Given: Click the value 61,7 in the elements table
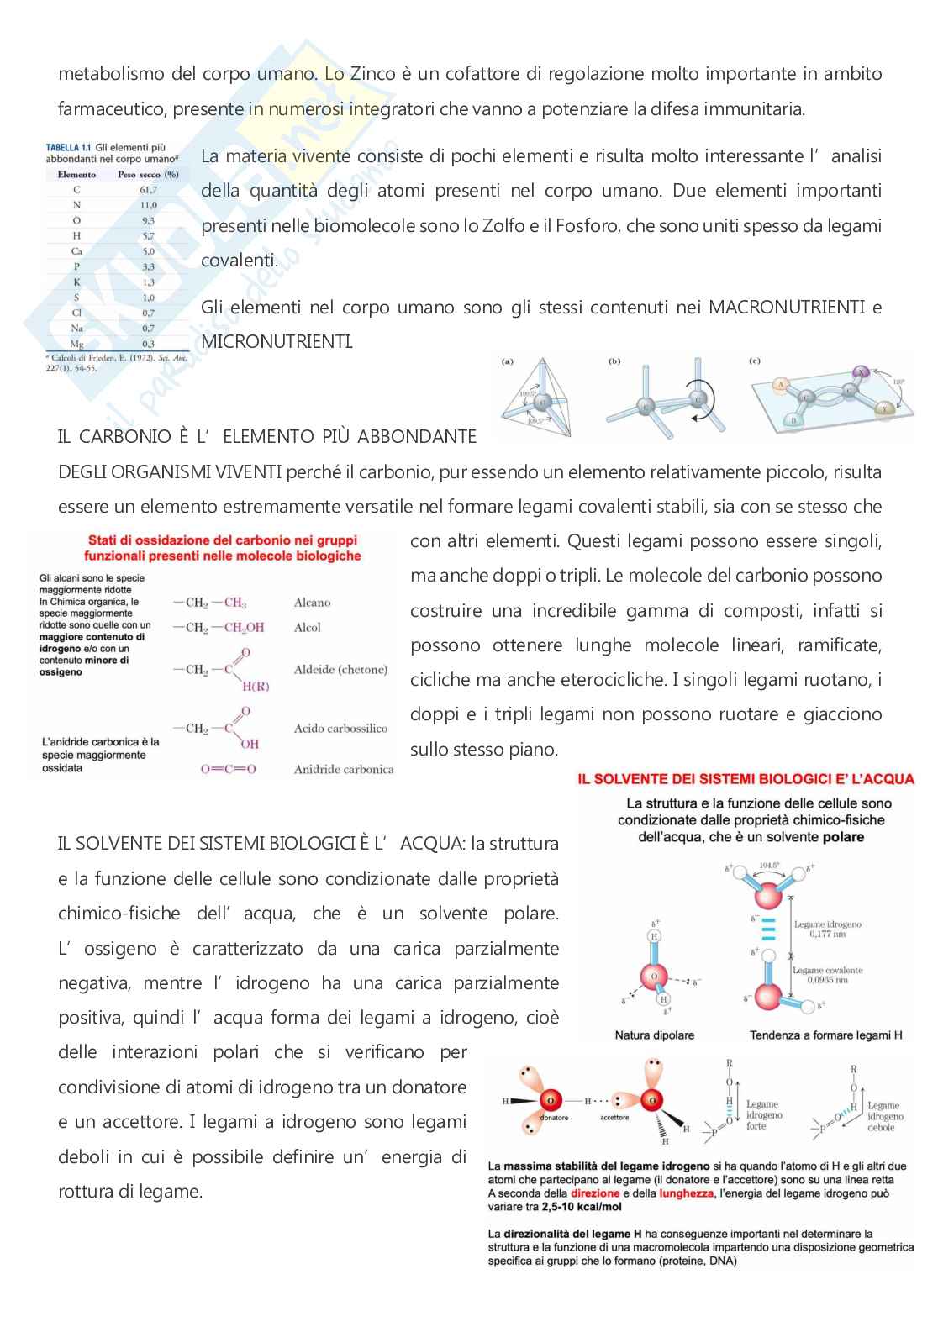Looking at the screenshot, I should pyautogui.click(x=148, y=190).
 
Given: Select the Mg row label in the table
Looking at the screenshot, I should pyautogui.click(x=76, y=344).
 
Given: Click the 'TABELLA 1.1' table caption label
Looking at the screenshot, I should pyautogui.click(x=68, y=148).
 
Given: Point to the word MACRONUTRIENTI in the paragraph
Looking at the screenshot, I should pyautogui.click(x=787, y=308).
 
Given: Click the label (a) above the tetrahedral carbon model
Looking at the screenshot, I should pyautogui.click(x=508, y=362).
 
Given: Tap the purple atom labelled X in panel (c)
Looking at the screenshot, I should pyautogui.click(x=859, y=372).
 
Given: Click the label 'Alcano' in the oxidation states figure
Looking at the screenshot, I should pyautogui.click(x=312, y=603).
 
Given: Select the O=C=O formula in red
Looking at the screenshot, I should pyautogui.click(x=228, y=769).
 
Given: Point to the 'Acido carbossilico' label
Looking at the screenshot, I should pyautogui.click(x=340, y=729).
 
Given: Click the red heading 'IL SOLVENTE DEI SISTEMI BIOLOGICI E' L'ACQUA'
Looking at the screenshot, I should pyautogui.click(x=746, y=779).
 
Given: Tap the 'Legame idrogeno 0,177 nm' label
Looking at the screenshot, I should pyautogui.click(x=827, y=929).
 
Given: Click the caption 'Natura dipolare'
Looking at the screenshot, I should pyautogui.click(x=654, y=1035).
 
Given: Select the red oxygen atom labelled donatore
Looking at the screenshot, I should pyautogui.click(x=551, y=1099).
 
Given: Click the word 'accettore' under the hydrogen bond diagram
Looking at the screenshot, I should pyautogui.click(x=614, y=1118).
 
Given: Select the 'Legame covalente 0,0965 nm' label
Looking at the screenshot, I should pyautogui.click(x=827, y=975).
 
